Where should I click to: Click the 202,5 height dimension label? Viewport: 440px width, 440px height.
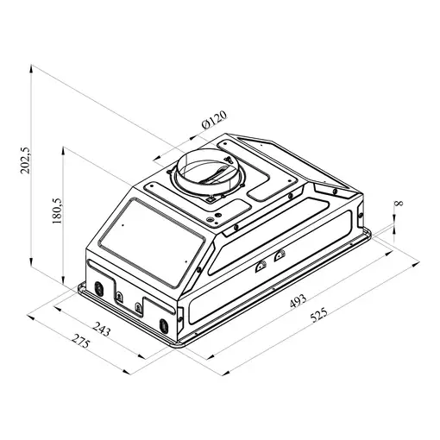pos(25,160)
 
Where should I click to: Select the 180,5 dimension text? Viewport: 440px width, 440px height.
pos(57,211)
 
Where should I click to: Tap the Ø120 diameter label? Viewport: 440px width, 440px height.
pos(214,120)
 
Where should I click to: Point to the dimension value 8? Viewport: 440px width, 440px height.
pos(399,204)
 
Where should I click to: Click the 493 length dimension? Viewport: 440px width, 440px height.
pos(298,301)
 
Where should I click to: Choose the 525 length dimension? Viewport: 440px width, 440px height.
pos(318,315)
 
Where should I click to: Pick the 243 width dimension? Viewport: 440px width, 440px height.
pos(101,329)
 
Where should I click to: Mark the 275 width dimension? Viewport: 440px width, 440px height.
pos(81,341)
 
